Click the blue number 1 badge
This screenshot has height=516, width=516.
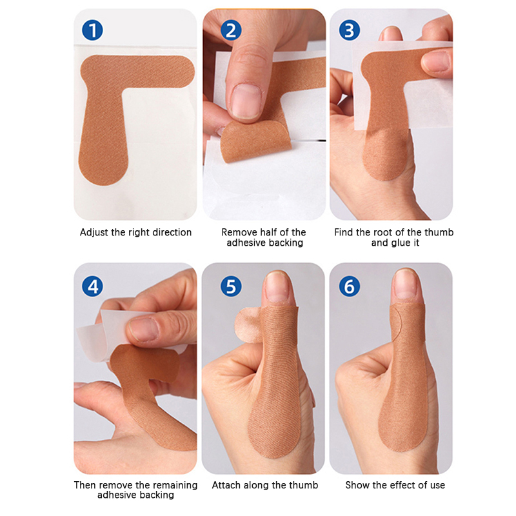coord(92,30)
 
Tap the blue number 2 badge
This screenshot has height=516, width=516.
coord(231,30)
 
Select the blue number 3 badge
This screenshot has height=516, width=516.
coord(349,30)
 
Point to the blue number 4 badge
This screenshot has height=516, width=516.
coord(92,286)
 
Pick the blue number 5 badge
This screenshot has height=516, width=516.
coord(231,286)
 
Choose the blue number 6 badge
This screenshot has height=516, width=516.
coord(349,286)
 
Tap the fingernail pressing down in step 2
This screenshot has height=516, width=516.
coord(246,101)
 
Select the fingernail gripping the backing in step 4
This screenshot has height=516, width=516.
coord(143,329)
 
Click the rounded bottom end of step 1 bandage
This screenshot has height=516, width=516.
coord(103,168)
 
